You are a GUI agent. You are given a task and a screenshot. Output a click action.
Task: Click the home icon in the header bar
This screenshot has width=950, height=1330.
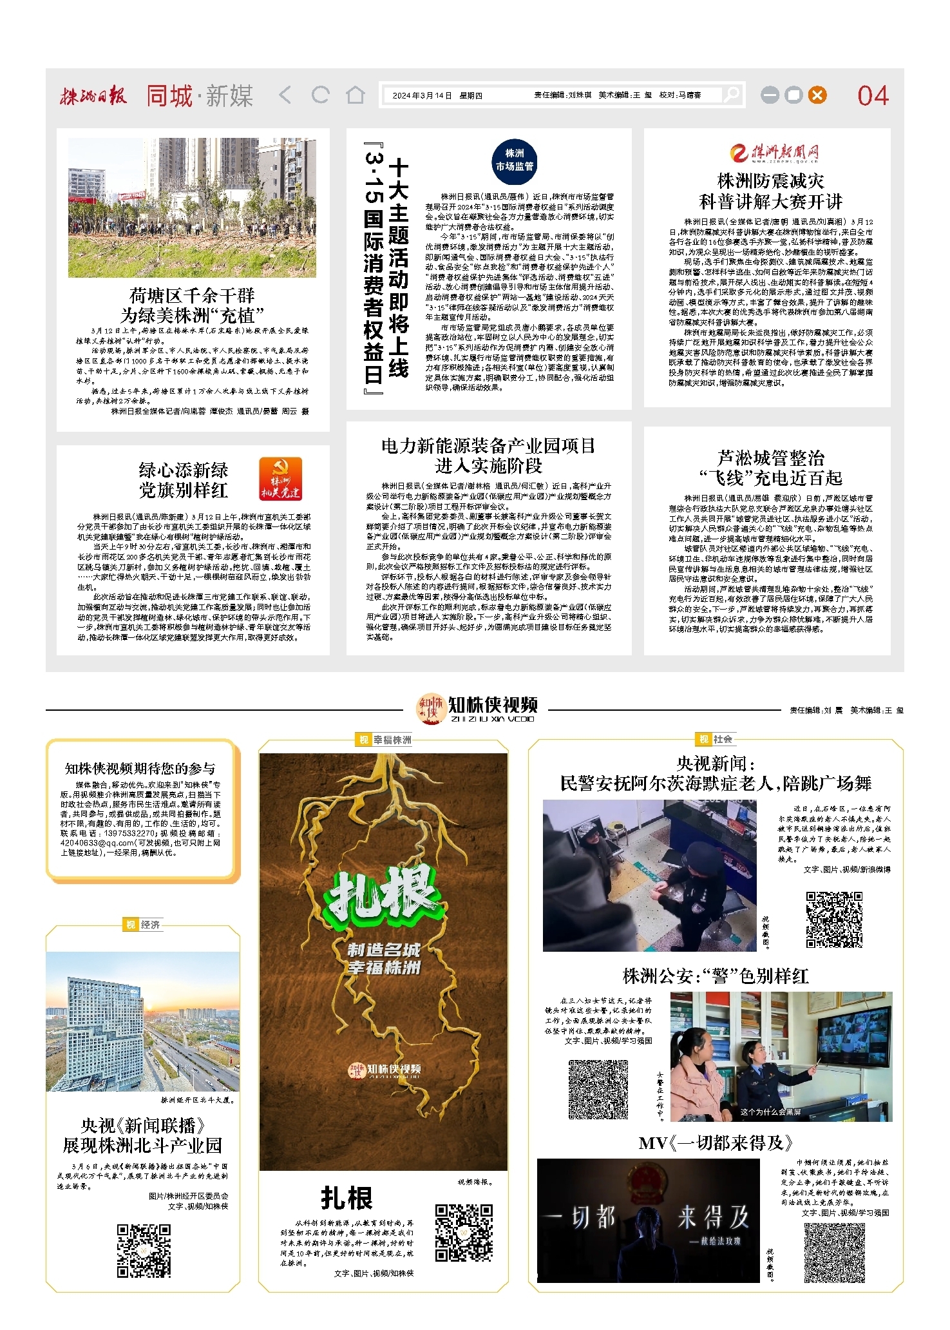[355, 95]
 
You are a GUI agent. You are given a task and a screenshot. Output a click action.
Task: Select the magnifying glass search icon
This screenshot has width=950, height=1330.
[731, 95]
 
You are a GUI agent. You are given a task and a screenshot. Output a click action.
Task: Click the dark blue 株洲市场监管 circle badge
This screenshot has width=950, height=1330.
[514, 160]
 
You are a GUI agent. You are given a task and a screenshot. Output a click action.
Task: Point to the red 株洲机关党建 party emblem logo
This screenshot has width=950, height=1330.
[280, 479]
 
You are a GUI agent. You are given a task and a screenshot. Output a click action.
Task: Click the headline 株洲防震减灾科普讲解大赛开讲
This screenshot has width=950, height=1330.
[770, 191]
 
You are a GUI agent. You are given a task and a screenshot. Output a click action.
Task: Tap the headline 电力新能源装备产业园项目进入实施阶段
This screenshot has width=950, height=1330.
[488, 455]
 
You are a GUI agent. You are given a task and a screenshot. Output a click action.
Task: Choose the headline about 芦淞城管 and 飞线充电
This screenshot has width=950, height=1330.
[770, 468]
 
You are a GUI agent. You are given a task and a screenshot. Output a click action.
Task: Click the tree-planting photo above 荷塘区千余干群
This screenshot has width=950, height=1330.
[192, 207]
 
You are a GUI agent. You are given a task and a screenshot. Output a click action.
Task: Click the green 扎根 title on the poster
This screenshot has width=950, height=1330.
[383, 895]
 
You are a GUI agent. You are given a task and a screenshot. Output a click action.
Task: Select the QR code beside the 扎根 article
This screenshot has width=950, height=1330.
[463, 1232]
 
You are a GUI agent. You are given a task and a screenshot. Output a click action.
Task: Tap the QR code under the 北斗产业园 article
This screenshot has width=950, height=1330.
[144, 1251]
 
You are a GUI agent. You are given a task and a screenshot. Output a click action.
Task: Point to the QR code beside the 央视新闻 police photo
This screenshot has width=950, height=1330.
[833, 920]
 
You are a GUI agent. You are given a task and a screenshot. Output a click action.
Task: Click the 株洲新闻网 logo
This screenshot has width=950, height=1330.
[775, 153]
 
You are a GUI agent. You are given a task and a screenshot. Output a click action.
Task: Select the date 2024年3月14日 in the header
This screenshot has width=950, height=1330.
[422, 95]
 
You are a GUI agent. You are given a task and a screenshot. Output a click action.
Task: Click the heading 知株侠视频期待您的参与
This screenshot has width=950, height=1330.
[140, 768]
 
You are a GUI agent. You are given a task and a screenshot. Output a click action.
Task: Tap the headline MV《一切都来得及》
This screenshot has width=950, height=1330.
[715, 1143]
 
